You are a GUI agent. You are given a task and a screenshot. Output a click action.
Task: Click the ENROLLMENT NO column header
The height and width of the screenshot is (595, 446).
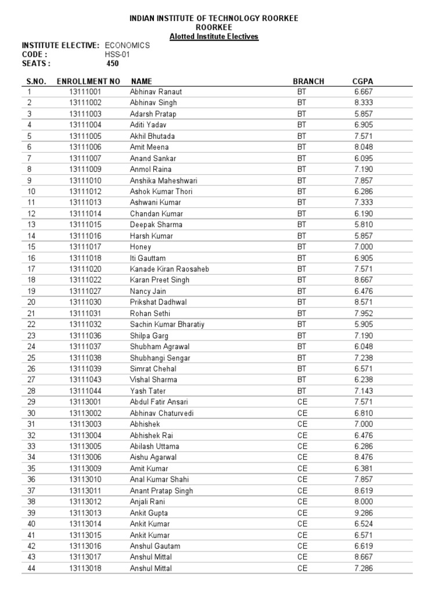click(88, 81)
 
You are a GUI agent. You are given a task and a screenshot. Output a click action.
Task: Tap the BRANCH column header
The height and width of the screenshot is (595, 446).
click(308, 81)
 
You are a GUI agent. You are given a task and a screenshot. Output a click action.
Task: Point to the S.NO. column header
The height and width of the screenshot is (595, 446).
click(37, 81)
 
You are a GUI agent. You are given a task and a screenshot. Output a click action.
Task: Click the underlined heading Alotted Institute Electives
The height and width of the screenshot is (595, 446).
click(214, 37)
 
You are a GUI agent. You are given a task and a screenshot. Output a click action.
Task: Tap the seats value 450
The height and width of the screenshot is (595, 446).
click(113, 63)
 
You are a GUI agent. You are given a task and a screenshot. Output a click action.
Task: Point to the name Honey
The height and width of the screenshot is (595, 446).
click(141, 247)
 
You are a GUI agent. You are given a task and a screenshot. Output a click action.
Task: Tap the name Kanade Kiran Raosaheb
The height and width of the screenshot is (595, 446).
click(170, 269)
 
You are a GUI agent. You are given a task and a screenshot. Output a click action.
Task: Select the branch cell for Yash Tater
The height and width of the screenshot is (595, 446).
click(301, 391)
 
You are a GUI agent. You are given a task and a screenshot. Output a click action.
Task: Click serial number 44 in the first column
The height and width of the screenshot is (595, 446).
click(31, 568)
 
